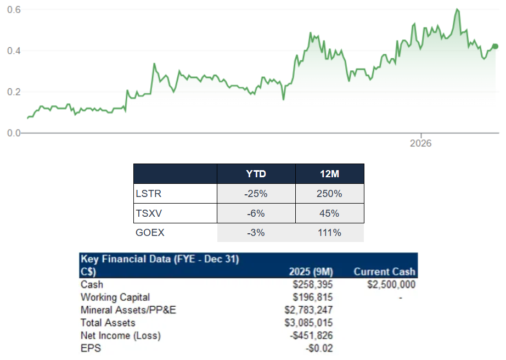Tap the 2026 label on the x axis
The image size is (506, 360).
coord(421,144)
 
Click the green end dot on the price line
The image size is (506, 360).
coord(495,46)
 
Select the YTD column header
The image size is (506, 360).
coord(256,174)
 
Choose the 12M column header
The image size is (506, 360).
coord(329,174)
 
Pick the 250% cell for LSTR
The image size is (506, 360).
coord(329,194)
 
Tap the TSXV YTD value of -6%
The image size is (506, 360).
coord(256,213)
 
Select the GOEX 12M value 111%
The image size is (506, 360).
coord(329,233)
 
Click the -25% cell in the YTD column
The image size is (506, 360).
coord(256,194)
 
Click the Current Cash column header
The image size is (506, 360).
coord(384,272)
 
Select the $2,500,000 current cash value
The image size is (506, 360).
coord(389,284)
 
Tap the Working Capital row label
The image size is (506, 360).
coord(115,297)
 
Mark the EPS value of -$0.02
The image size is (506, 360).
coord(320,348)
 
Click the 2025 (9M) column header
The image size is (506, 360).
coord(311,272)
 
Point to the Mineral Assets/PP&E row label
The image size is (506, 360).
coord(128,310)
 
